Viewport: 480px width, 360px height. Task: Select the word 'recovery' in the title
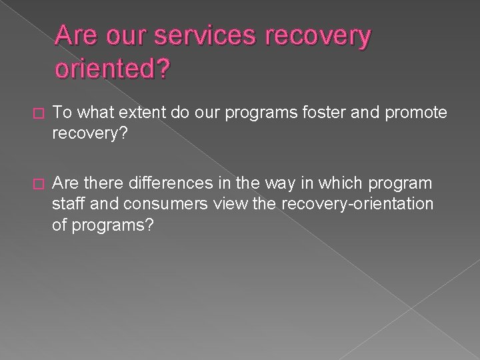point(317,37)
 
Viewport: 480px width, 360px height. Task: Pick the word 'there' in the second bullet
point(101,182)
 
